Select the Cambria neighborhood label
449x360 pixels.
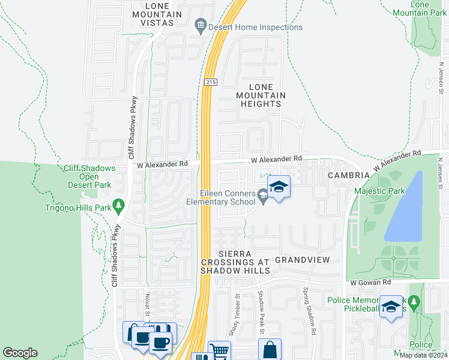tap(348, 175)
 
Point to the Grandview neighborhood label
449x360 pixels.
tap(303, 260)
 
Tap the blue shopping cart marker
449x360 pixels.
tap(219, 350)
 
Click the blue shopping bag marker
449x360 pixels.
tap(270, 349)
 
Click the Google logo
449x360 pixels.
tap(20, 353)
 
